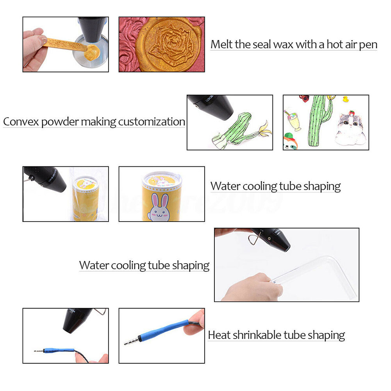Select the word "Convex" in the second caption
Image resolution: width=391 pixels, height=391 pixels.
coord(21,122)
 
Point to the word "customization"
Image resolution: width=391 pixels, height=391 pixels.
coord(152,122)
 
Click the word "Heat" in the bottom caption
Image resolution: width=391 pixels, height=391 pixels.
coord(219,335)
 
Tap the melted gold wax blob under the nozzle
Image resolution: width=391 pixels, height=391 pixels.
coord(92,53)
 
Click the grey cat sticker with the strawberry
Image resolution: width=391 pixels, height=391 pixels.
coord(351,129)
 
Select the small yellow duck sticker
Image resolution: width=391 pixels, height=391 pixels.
coord(345,99)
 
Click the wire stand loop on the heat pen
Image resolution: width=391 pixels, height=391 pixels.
coord(255,239)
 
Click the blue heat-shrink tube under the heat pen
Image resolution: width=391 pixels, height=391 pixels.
coord(59,350)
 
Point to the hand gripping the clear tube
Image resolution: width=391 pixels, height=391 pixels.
coord(252,287)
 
